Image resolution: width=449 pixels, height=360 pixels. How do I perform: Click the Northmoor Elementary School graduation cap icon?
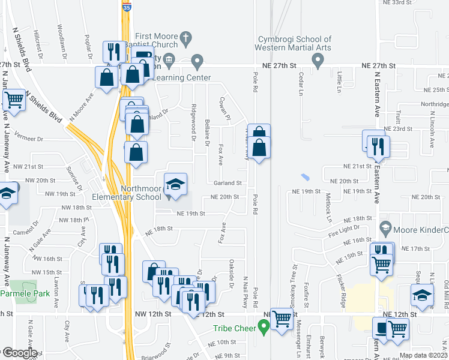click(x=175, y=184)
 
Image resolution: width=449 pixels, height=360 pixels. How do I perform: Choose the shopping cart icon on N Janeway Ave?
click(x=13, y=99)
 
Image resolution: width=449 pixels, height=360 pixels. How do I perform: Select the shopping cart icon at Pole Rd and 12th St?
click(x=281, y=318)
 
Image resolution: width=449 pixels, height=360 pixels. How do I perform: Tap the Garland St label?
click(x=228, y=183)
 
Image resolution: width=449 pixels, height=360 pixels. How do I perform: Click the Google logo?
click(x=19, y=353)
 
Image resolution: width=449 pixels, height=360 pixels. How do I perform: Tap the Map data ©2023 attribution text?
click(x=423, y=355)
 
